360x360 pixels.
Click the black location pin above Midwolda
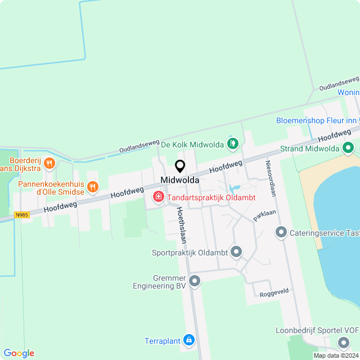click(x=180, y=166)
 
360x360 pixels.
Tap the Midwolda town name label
click(x=180, y=179)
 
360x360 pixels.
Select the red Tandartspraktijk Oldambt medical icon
click(x=159, y=196)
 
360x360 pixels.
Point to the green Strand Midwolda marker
click(x=348, y=148)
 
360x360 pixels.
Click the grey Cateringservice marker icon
click(x=281, y=232)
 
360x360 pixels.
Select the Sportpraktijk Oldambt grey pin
click(x=236, y=252)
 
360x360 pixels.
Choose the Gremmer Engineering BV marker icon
click(x=195, y=280)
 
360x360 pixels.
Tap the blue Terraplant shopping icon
click(x=190, y=340)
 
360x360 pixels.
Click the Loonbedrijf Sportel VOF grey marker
click(x=344, y=343)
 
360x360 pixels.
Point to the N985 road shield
click(x=22, y=215)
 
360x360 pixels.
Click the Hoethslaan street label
click(x=181, y=224)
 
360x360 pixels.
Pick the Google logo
click(x=19, y=353)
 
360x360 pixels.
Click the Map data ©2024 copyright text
click(x=335, y=355)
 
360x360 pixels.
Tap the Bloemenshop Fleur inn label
click(x=317, y=120)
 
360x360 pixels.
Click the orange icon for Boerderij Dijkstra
click(x=49, y=164)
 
